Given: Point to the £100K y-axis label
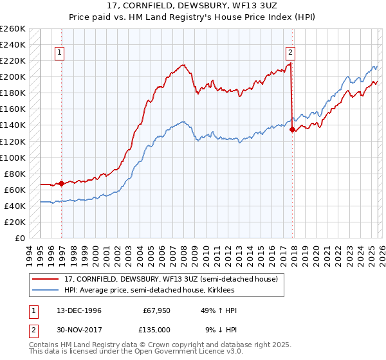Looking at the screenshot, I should [13, 157].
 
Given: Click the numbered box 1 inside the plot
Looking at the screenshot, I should [59, 53].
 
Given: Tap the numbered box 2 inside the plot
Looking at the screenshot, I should [291, 53].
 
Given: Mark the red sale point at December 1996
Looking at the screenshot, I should [62, 183].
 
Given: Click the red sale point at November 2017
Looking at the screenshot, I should [292, 129].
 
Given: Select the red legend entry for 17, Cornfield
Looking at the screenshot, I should [170, 279].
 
